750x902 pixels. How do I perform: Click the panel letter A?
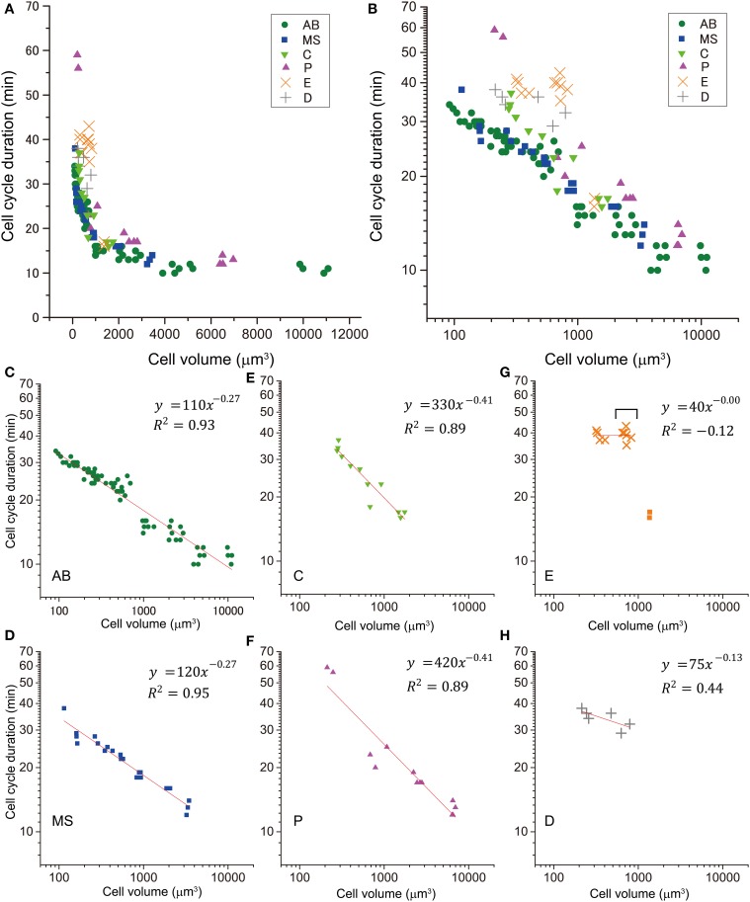coord(9,9)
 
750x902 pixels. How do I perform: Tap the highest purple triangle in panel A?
coord(77,54)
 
